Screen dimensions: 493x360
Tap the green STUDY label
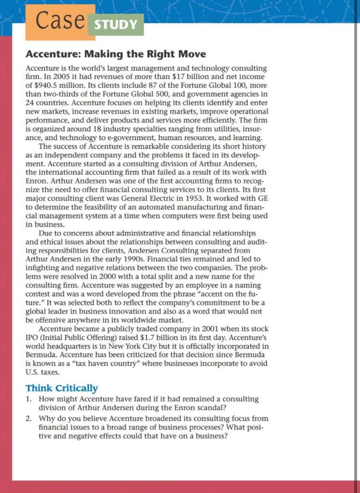coord(115,25)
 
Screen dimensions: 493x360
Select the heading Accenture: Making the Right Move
coord(116,54)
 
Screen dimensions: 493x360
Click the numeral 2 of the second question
coord(28,418)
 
